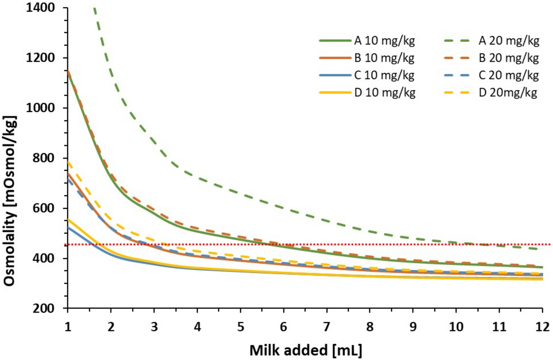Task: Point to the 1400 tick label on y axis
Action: click(x=40, y=7)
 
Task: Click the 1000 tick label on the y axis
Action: click(x=40, y=108)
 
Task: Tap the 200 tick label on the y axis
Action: click(x=44, y=308)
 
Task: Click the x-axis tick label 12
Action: click(x=542, y=327)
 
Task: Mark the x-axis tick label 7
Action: click(x=327, y=327)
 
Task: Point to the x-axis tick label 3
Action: click(x=154, y=327)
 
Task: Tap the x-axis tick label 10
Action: click(x=456, y=327)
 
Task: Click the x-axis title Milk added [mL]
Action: click(x=305, y=350)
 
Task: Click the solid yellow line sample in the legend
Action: click(x=335, y=92)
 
